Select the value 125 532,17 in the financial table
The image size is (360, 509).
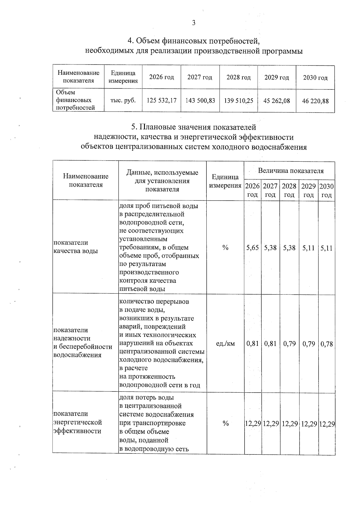[161, 100]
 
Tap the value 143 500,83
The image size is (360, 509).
[200, 100]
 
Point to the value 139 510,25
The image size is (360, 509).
[238, 100]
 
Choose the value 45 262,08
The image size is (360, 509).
[277, 101]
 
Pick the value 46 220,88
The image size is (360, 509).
[315, 101]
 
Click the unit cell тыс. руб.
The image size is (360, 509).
[123, 100]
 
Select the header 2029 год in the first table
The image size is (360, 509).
[277, 78]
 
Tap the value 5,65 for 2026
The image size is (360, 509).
[252, 248]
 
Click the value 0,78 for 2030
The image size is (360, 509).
[327, 344]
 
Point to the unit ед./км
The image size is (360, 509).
[225, 343]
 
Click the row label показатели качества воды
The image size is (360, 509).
[75, 247]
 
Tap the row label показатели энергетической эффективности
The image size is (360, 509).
[77, 422]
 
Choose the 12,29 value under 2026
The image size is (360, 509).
[253, 424]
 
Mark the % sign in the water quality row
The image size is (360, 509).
[225, 248]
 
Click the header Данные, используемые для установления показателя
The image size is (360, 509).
[162, 181]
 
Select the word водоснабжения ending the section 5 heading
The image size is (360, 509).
[280, 147]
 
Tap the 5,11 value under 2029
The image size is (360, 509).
[309, 248]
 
